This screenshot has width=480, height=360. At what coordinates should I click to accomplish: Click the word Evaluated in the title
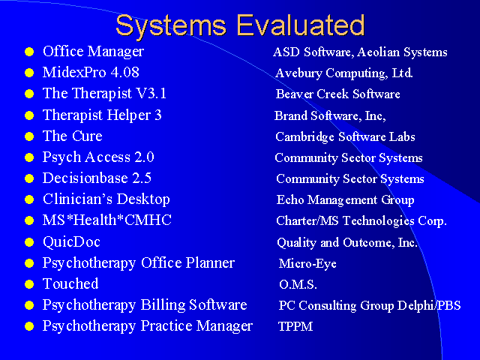[301, 25]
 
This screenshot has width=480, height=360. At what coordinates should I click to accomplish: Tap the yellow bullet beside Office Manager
[29, 52]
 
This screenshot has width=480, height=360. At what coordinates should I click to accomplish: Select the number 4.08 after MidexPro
[125, 72]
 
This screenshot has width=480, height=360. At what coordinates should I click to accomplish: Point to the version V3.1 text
[151, 93]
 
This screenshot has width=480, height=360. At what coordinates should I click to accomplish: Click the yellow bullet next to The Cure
[29, 136]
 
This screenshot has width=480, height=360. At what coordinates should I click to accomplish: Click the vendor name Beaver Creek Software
[338, 94]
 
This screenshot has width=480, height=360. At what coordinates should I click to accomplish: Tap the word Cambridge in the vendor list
[304, 137]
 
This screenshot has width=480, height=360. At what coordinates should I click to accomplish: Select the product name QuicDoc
[72, 241]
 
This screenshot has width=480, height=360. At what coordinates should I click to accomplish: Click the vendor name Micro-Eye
[307, 263]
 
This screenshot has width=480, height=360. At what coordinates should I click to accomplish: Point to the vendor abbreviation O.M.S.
[298, 284]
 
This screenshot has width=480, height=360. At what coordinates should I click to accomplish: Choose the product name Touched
[70, 283]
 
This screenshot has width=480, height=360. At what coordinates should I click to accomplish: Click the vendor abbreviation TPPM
[295, 326]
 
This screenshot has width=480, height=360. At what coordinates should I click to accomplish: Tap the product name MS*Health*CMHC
[107, 220]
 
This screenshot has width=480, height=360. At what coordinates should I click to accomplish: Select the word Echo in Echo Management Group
[290, 199]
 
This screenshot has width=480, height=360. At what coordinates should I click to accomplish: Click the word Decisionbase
[85, 178]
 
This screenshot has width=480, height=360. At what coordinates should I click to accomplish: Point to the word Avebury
[298, 73]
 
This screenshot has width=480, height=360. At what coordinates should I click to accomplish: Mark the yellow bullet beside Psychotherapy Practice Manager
[29, 326]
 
